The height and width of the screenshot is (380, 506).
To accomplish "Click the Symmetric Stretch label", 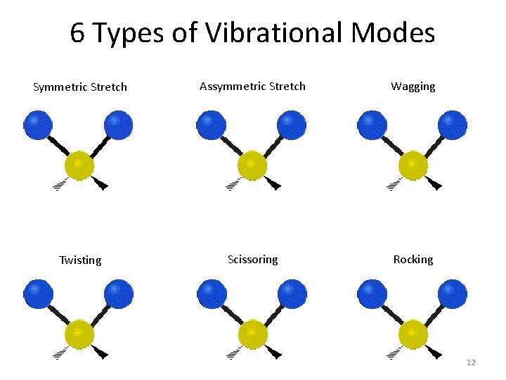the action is pos(80,87).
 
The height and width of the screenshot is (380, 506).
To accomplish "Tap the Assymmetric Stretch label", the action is pos(252,87).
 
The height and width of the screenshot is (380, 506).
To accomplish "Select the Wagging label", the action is pos(413,87).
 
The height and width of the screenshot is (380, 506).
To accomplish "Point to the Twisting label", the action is pos(80,260).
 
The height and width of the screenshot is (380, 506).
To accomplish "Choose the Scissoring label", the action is pos(252,260).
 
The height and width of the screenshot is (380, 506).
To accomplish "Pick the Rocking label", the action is pos(413,260).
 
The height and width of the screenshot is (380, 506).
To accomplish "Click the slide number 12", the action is pos(471,362).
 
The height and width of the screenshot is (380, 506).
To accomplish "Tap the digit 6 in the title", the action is pos(78,33).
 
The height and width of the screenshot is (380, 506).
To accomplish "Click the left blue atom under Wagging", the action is pos(372,125).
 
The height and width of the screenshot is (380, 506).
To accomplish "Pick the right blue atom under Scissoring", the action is pos(292,293).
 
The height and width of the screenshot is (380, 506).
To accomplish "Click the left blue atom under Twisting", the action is pos(38,293).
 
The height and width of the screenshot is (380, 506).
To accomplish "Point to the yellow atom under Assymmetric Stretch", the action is pos(252,165).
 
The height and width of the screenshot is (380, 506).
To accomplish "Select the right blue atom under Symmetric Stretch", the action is pos(118,125).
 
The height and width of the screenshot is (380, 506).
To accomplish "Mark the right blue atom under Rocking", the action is pos(453,293).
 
